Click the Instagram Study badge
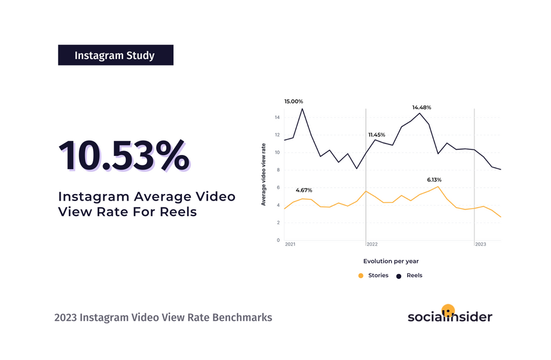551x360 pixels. click(115, 56)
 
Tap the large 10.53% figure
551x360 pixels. click(123, 156)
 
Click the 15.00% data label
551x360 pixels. click(293, 101)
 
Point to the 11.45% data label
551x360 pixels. click(376, 135)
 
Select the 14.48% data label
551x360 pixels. click(422, 108)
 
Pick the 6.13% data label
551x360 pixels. click(434, 180)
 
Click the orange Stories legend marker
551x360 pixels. click(361, 275)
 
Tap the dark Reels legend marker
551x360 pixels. click(398, 275)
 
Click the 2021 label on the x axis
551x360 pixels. click(290, 244)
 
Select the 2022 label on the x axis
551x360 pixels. click(372, 244)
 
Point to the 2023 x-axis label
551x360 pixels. click(480, 244)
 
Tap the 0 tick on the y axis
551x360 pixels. click(278, 240)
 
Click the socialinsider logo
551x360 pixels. click(450, 315)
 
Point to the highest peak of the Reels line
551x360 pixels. click(302, 109)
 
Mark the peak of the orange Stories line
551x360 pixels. click(437, 187)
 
